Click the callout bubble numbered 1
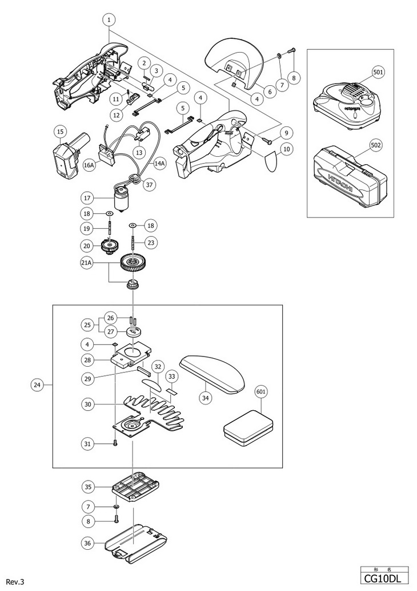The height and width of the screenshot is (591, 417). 109,19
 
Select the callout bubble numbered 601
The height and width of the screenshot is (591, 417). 262,392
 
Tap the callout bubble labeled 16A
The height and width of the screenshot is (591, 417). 89,164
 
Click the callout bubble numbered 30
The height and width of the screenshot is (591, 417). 87,403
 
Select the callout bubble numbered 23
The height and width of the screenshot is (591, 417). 150,242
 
